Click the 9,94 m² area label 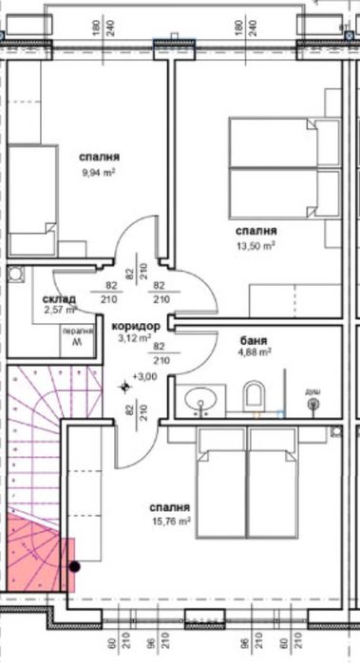coord(100,173)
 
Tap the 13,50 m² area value coord(256,245)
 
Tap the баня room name coord(254,339)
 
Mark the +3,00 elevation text coord(145,377)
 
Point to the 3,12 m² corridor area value coord(134,337)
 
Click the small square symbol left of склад coord(16,276)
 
